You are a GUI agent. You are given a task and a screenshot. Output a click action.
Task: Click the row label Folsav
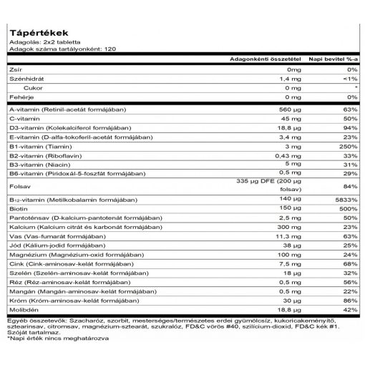coord(19,188)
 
